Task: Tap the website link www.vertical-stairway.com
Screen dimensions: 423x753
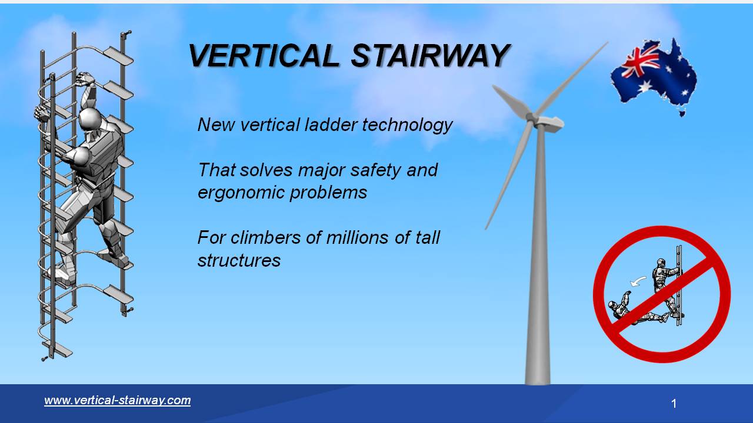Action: [x=118, y=401]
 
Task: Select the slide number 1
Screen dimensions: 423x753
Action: [x=674, y=404]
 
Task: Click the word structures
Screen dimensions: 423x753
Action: [x=239, y=260]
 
